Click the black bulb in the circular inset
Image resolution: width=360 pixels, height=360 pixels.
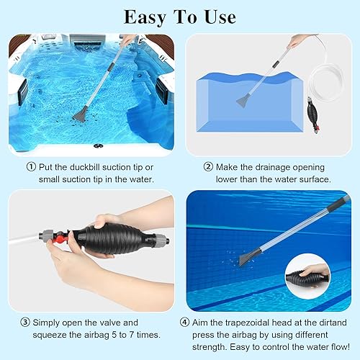[320, 274]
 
